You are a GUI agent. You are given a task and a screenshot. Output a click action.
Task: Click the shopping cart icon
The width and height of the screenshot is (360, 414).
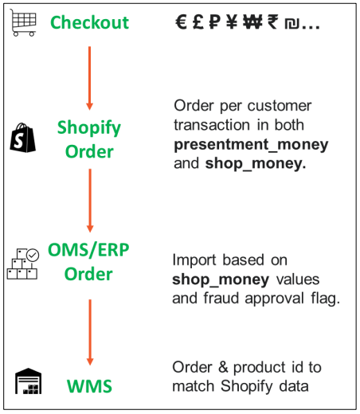pos(23,22)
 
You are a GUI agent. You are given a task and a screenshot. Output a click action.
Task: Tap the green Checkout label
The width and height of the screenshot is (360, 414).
pos(89,22)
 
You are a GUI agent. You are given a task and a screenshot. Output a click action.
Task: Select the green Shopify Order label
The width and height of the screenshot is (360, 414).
pos(89,139)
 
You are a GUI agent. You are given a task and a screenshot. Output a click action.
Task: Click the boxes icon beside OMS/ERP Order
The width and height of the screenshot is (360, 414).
pos(23,264)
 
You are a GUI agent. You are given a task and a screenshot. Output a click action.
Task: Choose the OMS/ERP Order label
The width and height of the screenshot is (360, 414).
pos(89,262)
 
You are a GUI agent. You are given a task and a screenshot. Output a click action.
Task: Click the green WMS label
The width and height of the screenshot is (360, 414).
pos(89,387)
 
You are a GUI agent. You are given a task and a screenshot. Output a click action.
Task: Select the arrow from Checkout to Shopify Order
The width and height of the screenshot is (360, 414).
pos(89,78)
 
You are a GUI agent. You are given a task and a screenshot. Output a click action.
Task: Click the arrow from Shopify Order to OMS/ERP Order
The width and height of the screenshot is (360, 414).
pos(89,201)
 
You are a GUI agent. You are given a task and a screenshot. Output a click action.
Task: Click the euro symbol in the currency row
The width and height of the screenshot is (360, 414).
pos(182,23)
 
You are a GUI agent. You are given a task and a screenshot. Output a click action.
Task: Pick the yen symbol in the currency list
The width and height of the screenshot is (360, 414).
pos(232,23)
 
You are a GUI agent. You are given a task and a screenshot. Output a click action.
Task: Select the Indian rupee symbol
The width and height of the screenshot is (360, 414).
pos(272,23)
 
